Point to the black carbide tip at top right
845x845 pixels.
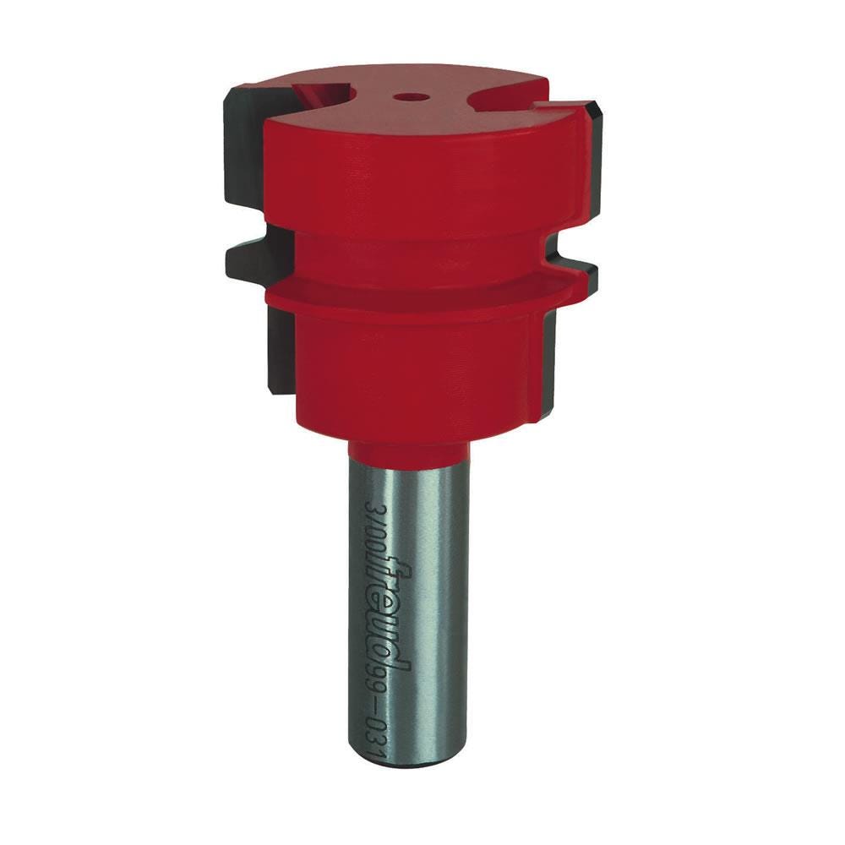tap(591, 127)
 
